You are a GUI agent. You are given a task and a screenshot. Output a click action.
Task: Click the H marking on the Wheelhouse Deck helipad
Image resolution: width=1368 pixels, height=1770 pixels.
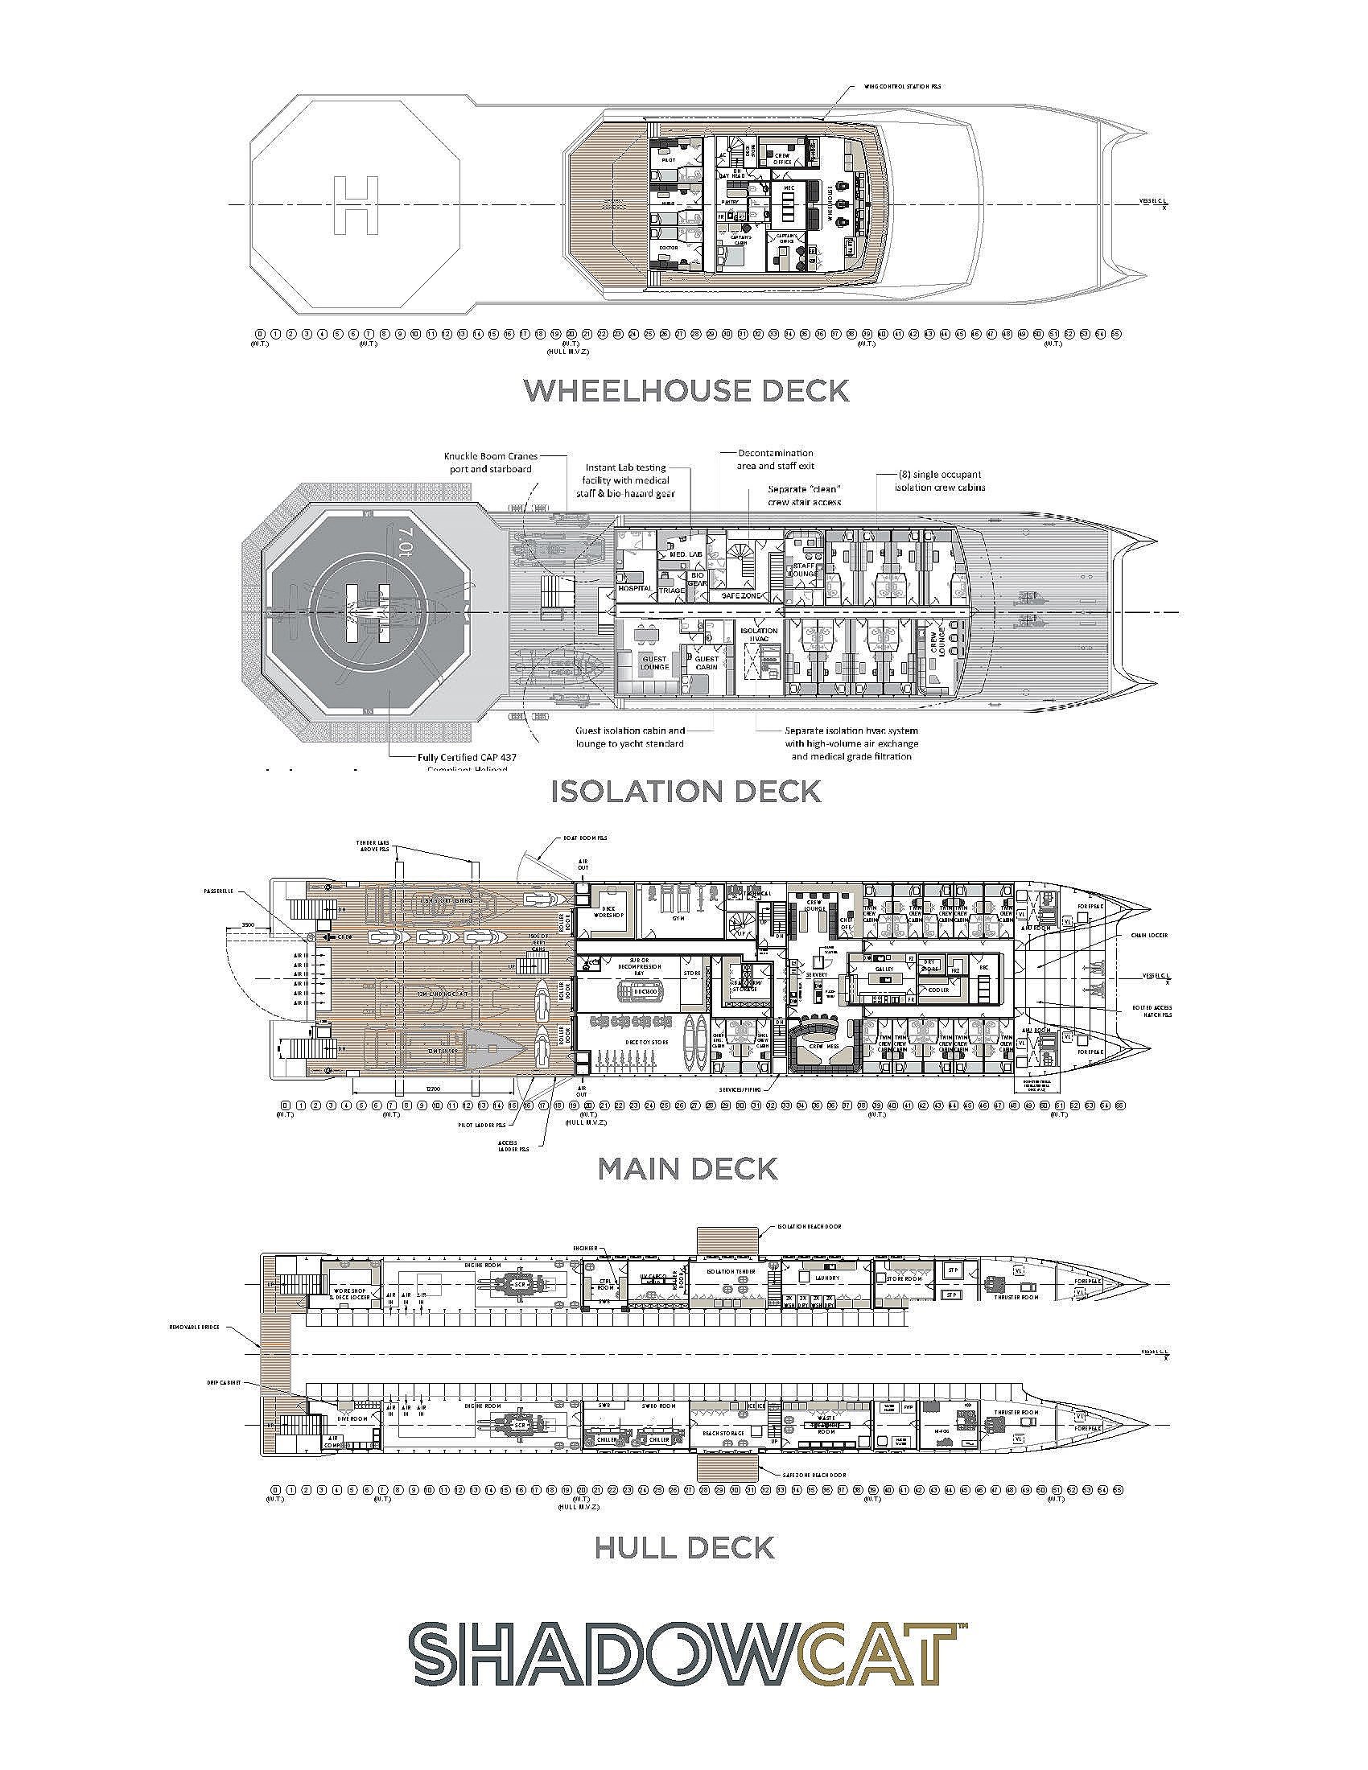356,205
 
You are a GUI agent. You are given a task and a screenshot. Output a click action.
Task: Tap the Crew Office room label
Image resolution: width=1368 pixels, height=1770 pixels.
782,158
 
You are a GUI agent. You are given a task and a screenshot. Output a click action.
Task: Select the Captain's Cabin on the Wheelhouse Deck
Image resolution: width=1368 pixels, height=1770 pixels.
742,237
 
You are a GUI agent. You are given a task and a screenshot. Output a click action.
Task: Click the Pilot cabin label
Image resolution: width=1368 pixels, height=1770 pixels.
668,160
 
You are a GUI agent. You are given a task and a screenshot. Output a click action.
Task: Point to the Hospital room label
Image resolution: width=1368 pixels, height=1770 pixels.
635,587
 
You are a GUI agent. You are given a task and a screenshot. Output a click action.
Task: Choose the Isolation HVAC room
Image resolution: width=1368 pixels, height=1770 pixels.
758,634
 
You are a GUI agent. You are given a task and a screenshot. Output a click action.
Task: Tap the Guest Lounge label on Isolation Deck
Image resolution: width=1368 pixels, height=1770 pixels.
655,662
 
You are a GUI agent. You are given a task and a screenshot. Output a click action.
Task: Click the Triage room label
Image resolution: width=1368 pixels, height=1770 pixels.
671,591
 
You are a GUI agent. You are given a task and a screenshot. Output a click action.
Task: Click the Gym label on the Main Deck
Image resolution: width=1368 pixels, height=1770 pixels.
678,918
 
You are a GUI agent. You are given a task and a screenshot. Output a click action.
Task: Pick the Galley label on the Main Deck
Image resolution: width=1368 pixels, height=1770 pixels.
883,969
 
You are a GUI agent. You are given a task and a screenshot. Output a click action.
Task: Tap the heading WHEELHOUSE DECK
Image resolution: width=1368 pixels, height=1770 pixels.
686,391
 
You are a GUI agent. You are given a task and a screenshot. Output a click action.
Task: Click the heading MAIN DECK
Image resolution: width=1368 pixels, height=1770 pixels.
686,1168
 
